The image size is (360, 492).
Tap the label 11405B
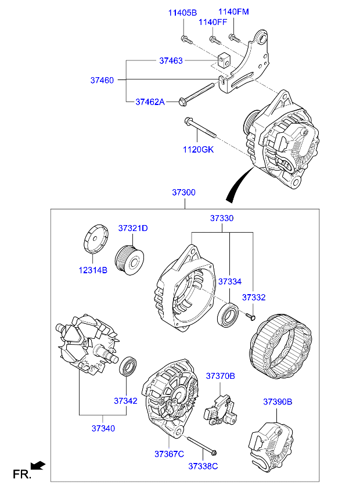183,13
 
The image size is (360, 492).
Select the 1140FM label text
233,12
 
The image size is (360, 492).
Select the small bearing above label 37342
128,367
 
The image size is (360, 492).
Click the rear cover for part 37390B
271,446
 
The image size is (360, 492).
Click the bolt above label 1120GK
200,128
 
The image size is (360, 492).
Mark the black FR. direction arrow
38,464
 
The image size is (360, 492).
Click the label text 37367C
169,453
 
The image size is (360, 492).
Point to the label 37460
102,80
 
